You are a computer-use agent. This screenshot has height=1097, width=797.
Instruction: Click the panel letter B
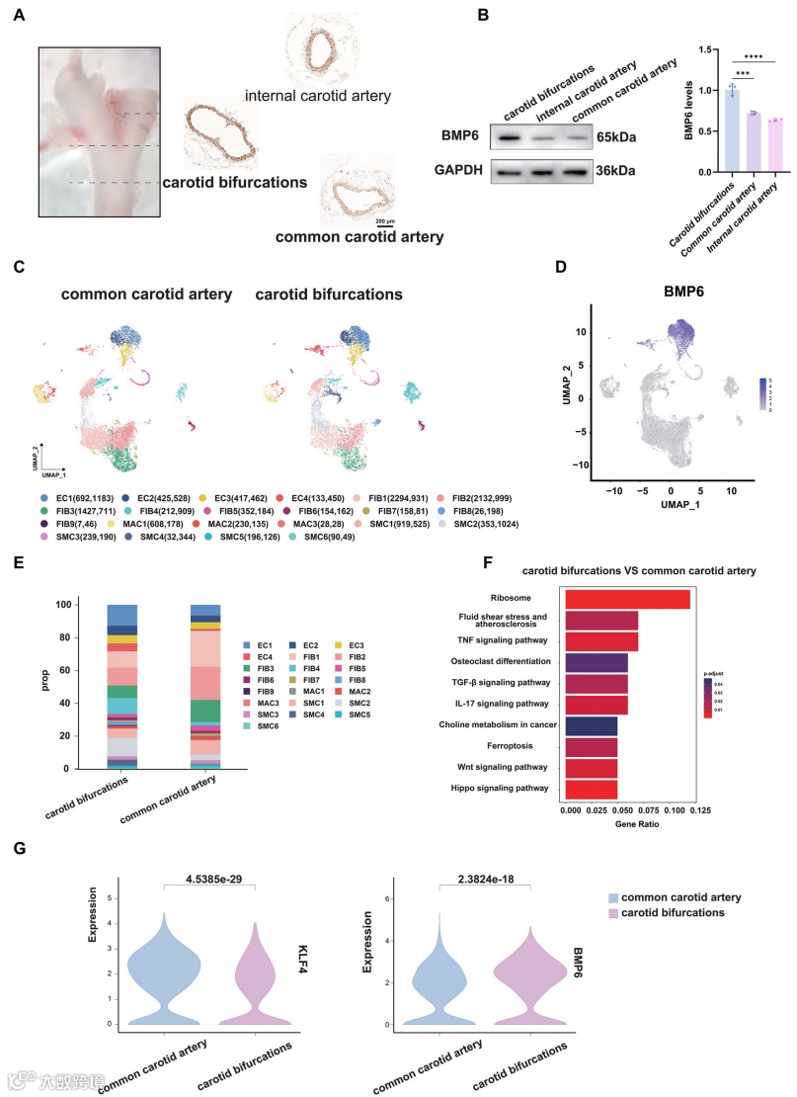tap(483, 16)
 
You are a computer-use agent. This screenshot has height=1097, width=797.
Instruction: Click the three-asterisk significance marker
tap(741, 71)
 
